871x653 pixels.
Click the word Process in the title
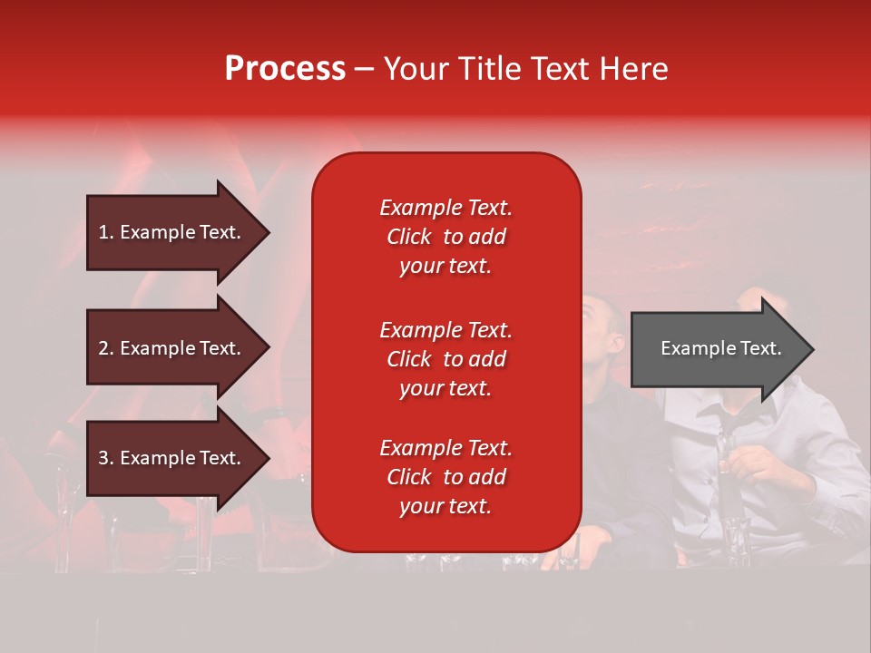click(285, 69)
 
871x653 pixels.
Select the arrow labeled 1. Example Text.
click(172, 232)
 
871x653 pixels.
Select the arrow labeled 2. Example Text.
click(172, 348)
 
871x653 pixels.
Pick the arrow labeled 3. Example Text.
click(172, 458)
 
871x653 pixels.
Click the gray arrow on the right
click(717, 348)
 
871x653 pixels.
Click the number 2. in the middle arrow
click(106, 348)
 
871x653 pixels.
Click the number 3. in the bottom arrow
click(106, 458)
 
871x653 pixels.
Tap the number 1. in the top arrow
click(106, 232)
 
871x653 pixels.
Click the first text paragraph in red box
click(445, 237)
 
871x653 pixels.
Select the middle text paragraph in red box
click(445, 359)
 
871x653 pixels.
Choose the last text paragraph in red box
click(445, 477)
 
